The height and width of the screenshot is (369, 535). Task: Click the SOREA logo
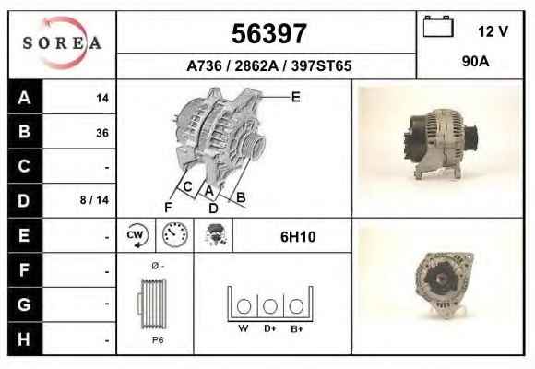(62, 43)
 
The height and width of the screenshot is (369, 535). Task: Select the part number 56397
(268, 33)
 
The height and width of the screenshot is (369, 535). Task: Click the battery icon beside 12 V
(438, 26)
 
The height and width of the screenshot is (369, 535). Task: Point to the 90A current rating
(475, 62)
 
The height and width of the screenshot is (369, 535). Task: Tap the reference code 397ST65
(321, 65)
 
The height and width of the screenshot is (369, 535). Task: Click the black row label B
(25, 131)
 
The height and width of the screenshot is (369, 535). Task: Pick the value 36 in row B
(102, 133)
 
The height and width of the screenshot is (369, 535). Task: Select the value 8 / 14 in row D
(94, 199)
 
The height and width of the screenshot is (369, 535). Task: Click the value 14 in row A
(102, 99)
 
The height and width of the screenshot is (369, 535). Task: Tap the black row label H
(24, 339)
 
